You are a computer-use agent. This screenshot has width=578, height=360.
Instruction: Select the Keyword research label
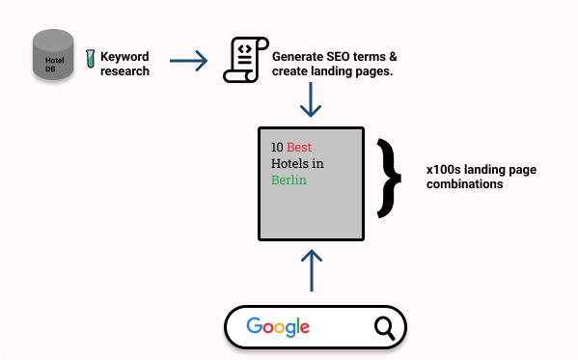(125, 64)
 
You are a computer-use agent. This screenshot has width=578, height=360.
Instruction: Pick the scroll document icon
(245, 62)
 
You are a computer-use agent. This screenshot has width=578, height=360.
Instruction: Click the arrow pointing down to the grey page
(311, 99)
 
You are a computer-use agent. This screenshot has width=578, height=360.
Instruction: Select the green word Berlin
(289, 180)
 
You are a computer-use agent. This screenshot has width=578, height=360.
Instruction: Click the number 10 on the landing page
(277, 149)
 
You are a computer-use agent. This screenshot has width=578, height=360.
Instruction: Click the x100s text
(445, 170)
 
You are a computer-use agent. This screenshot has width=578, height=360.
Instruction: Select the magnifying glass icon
(384, 328)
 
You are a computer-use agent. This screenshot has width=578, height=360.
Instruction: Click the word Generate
(301, 57)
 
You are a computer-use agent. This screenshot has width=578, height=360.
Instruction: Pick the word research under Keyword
(125, 70)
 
